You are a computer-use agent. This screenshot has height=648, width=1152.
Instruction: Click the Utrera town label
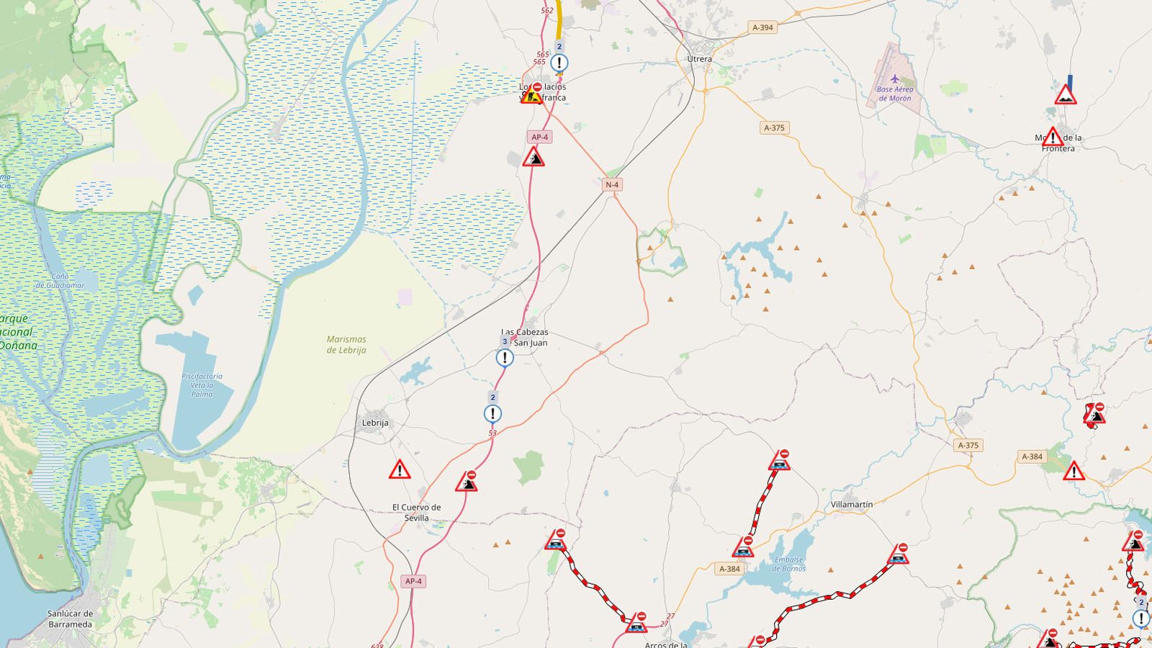pyautogui.click(x=699, y=59)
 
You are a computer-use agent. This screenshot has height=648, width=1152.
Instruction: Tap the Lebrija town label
pyautogui.click(x=374, y=423)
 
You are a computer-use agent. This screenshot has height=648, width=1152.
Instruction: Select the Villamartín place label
pyautogui.click(x=852, y=505)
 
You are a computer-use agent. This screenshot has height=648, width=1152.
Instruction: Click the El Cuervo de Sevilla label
pyautogui.click(x=416, y=513)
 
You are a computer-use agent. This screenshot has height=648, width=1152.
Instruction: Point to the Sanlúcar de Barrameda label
pyautogui.click(x=70, y=619)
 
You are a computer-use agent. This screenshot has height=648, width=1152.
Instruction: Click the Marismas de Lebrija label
pyautogui.click(x=346, y=344)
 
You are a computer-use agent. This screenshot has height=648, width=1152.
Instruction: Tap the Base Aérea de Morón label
pyautogui.click(x=894, y=94)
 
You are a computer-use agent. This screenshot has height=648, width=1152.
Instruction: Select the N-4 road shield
pyautogui.click(x=611, y=185)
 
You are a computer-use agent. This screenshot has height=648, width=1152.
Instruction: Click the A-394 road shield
pyautogui.click(x=762, y=27)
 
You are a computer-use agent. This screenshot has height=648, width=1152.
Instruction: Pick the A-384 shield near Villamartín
pyautogui.click(x=729, y=569)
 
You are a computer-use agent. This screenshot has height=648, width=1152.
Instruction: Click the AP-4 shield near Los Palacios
pyautogui.click(x=539, y=137)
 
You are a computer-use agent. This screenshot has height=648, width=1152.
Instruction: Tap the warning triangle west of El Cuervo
pyautogui.click(x=400, y=470)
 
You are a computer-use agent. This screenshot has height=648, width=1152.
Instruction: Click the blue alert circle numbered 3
pyautogui.click(x=505, y=357)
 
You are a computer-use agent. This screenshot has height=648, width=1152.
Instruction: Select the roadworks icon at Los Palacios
pyautogui.click(x=531, y=96)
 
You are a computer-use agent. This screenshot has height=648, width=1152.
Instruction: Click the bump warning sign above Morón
pyautogui.click(x=1066, y=95)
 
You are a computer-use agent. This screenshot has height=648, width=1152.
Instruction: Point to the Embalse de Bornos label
pyautogui.click(x=788, y=564)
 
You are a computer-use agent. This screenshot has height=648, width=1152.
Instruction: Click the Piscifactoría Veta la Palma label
pyautogui.click(x=202, y=384)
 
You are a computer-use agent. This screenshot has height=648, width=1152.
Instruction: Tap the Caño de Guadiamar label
pyautogui.click(x=60, y=281)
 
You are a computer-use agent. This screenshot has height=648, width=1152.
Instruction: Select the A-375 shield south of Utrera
pyautogui.click(x=774, y=128)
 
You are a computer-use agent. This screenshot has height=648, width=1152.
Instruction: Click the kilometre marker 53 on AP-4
pyautogui.click(x=492, y=433)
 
